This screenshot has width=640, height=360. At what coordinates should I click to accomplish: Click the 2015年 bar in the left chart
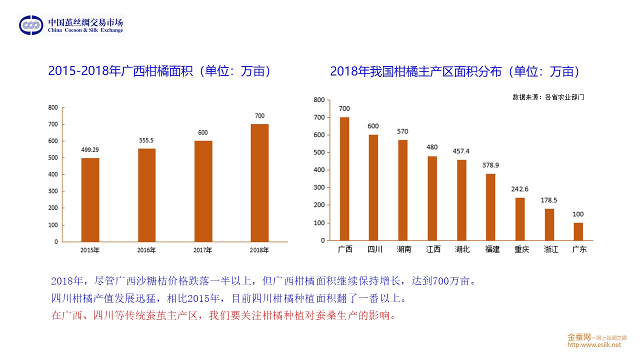pos(90,200)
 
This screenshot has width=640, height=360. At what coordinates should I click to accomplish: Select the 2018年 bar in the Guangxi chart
pos(259,183)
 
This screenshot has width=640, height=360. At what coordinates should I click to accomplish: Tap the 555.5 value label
pos(146,140)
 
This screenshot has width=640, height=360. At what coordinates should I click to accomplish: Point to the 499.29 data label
pos(90,149)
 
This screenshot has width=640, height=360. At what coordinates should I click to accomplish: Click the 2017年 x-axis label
pos(202,250)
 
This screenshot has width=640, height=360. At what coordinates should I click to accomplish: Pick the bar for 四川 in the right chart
pos(373,187)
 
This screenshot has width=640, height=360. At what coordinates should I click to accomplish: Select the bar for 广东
pos(578,231)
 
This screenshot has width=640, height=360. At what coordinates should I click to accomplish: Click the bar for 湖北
pos(461,200)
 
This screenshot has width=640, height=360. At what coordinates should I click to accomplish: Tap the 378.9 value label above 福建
pos(490,165)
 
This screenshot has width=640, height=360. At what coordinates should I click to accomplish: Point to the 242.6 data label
pos(520,189)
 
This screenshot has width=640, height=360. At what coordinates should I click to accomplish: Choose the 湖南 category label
pos(403,249)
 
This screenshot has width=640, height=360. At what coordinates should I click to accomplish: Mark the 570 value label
pos(402,131)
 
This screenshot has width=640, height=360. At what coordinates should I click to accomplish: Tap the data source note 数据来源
pos(548,97)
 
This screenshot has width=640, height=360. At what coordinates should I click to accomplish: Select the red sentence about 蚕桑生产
pos(223,316)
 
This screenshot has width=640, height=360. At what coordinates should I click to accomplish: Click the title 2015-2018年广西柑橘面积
pos(160,71)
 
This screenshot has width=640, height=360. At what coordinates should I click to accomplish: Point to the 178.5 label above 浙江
pos(549,200)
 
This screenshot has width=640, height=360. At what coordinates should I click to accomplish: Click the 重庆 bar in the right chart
pos(520,219)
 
